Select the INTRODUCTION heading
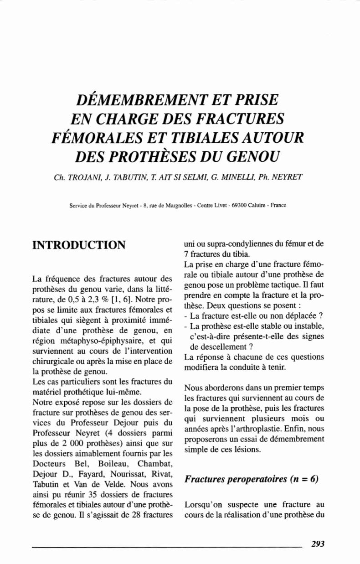[80, 245]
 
